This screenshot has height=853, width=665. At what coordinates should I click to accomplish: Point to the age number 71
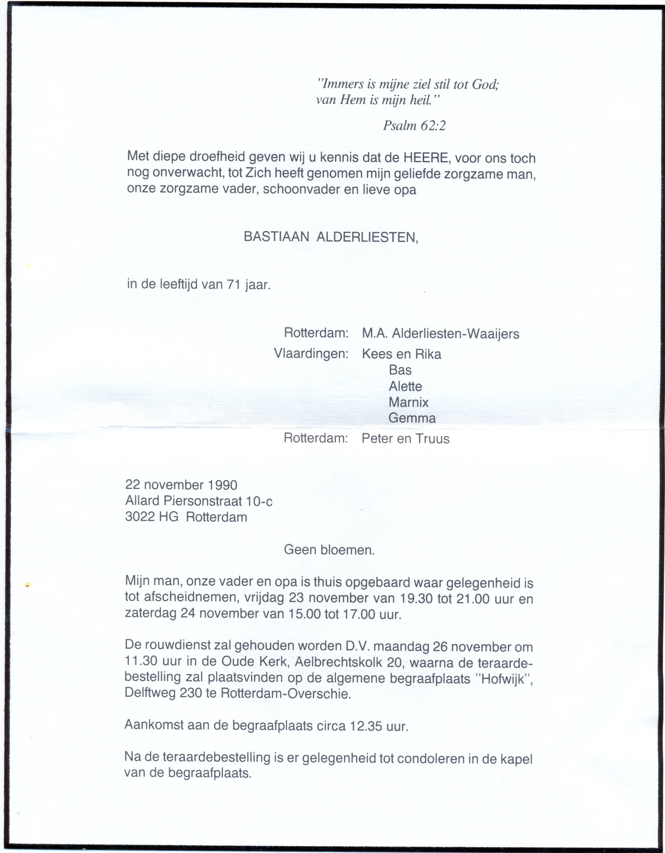pyautogui.click(x=233, y=284)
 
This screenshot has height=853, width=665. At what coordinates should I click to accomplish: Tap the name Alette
pyautogui.click(x=405, y=386)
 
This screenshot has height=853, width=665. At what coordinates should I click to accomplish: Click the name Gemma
pyautogui.click(x=412, y=418)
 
